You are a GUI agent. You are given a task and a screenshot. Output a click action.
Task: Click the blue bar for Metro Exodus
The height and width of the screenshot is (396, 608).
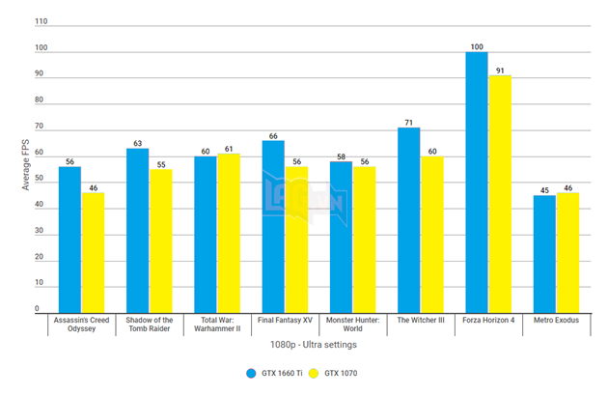544,253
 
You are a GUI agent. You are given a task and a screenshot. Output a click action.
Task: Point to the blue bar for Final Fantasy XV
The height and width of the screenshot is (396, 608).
273,226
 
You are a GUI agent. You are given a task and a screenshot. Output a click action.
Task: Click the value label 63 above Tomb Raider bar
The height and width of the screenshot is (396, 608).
137,142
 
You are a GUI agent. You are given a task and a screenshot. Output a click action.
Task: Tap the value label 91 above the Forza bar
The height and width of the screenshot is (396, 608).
500,69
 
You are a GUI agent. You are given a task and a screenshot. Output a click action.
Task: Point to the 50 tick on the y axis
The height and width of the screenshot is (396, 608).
38,178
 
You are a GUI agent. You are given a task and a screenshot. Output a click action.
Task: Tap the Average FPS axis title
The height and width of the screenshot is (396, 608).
26,164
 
